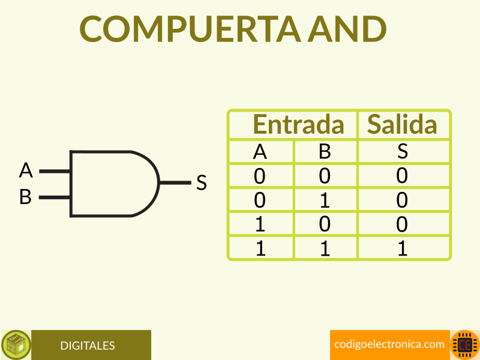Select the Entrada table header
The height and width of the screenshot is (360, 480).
(x=298, y=125)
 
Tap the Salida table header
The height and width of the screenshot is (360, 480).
(x=402, y=125)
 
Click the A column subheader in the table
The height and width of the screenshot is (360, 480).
(x=260, y=152)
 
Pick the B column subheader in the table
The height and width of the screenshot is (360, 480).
(x=325, y=152)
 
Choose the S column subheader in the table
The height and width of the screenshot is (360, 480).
(x=403, y=152)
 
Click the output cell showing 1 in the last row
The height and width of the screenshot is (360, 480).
(x=403, y=248)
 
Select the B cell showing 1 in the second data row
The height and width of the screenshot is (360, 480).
(x=325, y=200)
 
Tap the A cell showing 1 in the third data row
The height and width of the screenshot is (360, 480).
(x=260, y=224)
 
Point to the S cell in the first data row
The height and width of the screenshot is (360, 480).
(x=403, y=176)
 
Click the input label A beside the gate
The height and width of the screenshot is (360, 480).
(x=26, y=171)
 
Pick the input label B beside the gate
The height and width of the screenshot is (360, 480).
(x=25, y=197)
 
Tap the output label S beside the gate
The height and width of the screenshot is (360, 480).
(x=202, y=183)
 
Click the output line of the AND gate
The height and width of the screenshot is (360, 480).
(x=175, y=183)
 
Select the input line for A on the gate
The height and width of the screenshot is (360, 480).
(x=55, y=171)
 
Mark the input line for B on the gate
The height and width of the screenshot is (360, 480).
(x=55, y=197)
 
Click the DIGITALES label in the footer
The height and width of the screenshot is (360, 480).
(x=88, y=346)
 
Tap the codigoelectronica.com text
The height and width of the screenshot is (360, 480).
(x=389, y=344)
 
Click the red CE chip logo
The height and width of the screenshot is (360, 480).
(x=465, y=345)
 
